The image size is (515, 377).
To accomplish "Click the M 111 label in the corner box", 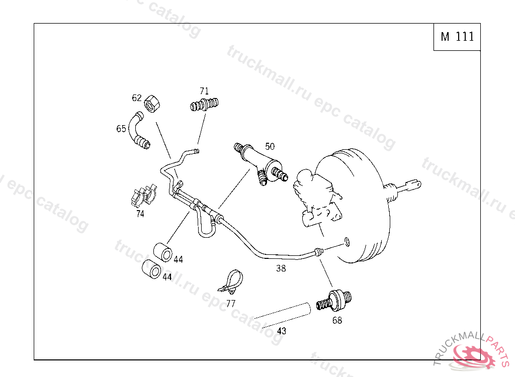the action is click(457, 37).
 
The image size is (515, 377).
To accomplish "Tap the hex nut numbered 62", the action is click(152, 104).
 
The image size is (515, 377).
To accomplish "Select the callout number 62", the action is click(137, 98).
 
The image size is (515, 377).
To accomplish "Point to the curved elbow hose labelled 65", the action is click(139, 131).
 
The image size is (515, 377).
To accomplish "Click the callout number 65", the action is click(121, 129).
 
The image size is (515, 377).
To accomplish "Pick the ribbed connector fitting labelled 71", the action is click(204, 105).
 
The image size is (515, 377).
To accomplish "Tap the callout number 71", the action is click(204, 91).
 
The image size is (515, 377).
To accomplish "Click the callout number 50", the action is click(270, 146).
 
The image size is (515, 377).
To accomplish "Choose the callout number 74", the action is click(140, 214).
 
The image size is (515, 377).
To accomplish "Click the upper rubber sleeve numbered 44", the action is click(162, 252).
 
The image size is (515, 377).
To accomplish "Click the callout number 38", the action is click(281, 268).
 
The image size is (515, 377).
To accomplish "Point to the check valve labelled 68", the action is click(334, 300).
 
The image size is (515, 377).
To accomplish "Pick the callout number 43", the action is click(282, 331).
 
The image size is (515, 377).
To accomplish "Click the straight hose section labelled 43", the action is click(283, 315).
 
